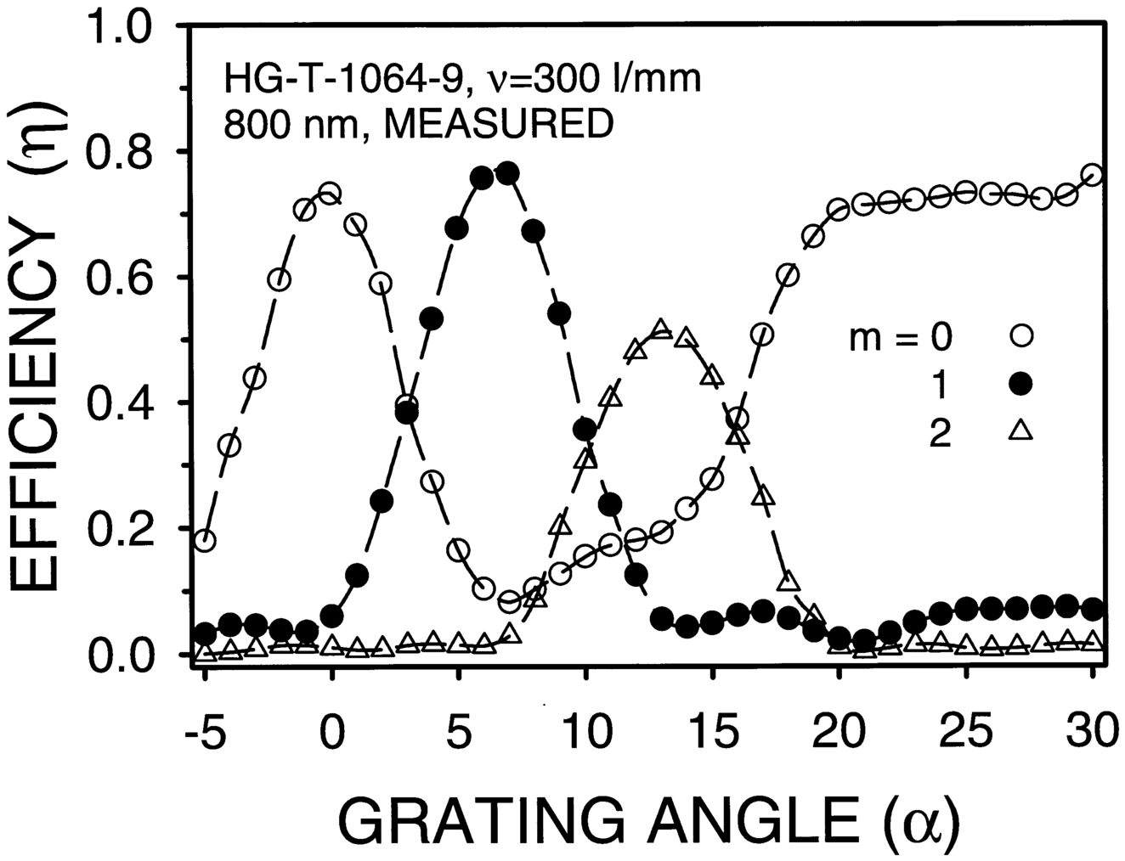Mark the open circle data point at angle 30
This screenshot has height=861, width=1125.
click(x=1094, y=175)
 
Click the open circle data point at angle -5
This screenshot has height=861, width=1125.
click(x=204, y=541)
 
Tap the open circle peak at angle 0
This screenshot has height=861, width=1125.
click(x=331, y=193)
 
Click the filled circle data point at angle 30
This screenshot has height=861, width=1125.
click(x=1094, y=609)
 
